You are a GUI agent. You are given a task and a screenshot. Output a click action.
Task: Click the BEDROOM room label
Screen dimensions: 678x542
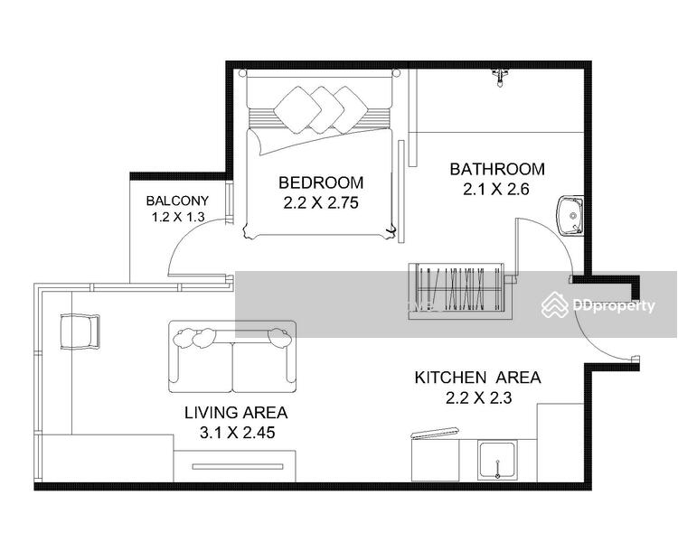tap(321, 182)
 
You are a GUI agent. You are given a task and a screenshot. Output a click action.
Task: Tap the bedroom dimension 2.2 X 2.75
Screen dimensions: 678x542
tap(321, 202)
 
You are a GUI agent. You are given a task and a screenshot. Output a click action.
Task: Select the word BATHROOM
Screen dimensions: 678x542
tap(497, 169)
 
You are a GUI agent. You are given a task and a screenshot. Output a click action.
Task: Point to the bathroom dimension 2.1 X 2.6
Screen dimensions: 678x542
tap(496, 190)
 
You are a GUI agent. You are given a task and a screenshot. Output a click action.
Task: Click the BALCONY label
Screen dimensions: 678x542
tap(177, 201)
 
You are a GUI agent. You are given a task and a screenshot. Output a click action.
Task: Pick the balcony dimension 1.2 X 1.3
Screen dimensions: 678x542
tap(178, 217)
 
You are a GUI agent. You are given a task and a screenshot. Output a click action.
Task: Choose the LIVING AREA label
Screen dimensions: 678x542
tap(236, 412)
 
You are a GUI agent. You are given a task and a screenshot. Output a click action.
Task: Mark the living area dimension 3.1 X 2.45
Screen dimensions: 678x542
tap(238, 433)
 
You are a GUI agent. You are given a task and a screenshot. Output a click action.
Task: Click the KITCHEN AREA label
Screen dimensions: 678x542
tap(478, 378)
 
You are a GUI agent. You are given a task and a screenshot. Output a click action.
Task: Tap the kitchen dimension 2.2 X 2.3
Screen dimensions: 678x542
tap(478, 397)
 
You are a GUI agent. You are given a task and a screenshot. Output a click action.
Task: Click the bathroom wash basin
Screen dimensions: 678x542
tap(570, 216)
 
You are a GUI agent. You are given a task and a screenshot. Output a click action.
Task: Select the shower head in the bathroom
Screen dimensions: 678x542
tap(500, 78)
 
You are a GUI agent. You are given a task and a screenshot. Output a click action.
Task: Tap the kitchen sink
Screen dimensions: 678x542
tap(497, 461)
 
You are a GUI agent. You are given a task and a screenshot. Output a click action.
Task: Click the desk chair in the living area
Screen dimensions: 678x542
tap(80, 332)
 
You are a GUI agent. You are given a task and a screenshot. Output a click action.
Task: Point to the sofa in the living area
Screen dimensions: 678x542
tap(232, 357)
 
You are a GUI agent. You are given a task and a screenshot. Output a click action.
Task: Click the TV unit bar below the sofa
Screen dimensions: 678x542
tap(238, 467)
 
